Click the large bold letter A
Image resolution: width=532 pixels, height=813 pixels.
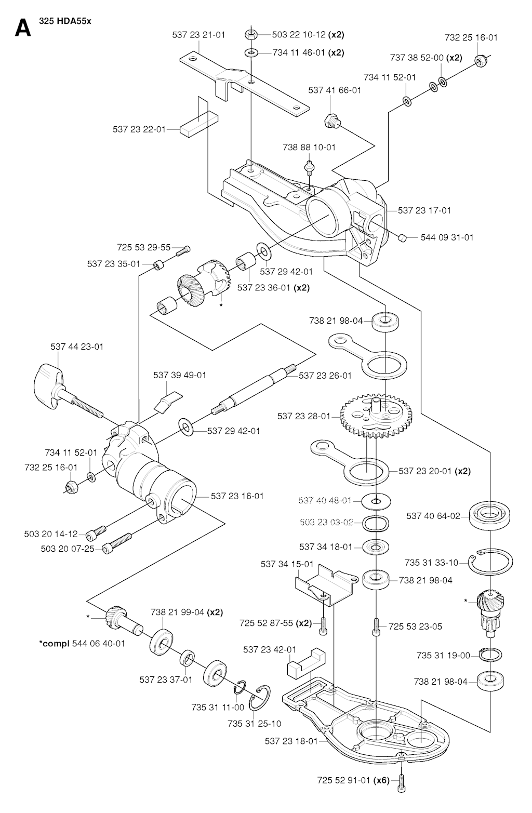(22, 28)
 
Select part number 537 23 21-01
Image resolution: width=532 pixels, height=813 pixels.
(198, 35)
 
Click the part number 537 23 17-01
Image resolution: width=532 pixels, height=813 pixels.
(424, 210)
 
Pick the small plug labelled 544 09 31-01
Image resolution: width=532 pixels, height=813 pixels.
(402, 238)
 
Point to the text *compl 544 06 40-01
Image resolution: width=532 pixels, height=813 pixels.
(82, 643)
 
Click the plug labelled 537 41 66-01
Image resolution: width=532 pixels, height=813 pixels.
(332, 121)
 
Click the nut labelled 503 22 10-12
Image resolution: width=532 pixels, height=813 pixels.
(250, 35)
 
